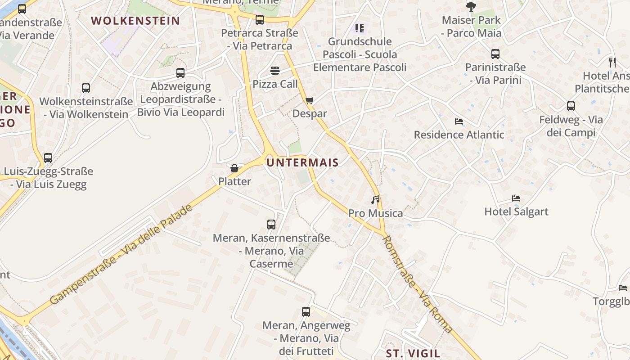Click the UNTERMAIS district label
pyautogui.click(x=302, y=162)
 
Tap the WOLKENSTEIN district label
pyautogui.click(x=135, y=21)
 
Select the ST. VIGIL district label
pyautogui.click(x=413, y=353)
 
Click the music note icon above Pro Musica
pyautogui.click(x=375, y=199)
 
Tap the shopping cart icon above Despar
pyautogui.click(x=309, y=100)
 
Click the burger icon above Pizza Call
pyautogui.click(x=275, y=71)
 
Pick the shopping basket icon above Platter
pyautogui.click(x=234, y=169)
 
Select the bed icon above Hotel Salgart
pyautogui.click(x=516, y=198)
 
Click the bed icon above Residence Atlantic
pyautogui.click(x=459, y=121)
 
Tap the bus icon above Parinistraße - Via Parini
pyautogui.click(x=495, y=54)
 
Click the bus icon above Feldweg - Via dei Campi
pyautogui.click(x=571, y=106)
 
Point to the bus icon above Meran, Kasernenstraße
pyautogui.click(x=271, y=224)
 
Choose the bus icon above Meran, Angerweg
pyautogui.click(x=306, y=311)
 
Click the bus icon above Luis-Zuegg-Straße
pyautogui.click(x=48, y=158)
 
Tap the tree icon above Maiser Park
pyautogui.click(x=471, y=6)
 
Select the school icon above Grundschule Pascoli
pyautogui.click(x=360, y=28)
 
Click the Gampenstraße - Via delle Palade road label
pyautogui.click(x=121, y=254)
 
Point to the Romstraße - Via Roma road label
pyautogui.click(x=417, y=284)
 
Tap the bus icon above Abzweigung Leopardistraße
pyautogui.click(x=180, y=72)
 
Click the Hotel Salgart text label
pyautogui.click(x=516, y=211)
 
